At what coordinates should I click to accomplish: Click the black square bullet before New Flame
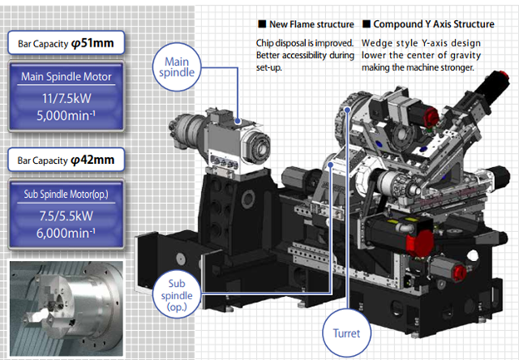tap(261, 24)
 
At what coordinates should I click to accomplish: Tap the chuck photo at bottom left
tap(65, 307)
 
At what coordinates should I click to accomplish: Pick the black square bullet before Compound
tap(367, 24)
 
